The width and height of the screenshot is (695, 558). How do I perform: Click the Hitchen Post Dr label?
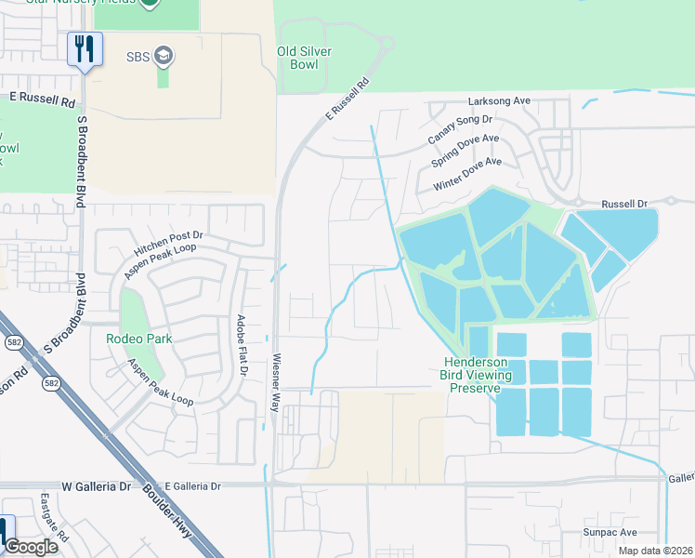[x=167, y=237]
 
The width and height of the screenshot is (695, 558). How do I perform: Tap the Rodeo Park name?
[x=138, y=339]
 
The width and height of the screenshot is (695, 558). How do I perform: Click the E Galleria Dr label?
[x=192, y=486]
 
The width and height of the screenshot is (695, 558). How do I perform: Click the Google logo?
[x=31, y=547]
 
